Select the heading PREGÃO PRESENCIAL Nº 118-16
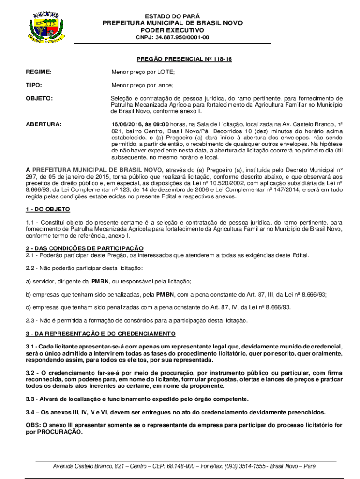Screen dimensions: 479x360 [184, 59]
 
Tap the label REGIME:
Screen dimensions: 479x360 [39, 72]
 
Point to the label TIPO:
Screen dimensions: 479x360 [34, 85]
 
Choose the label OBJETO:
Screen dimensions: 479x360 [39, 99]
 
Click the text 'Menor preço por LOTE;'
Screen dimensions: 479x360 [143, 72]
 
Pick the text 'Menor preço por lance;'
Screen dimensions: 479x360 [142, 85]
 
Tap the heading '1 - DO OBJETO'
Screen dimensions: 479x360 [48, 209]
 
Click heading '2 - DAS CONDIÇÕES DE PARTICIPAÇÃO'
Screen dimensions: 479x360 [85, 248]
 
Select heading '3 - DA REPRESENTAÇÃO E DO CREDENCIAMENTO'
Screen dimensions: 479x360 [101, 334]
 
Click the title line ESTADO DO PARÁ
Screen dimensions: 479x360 [173, 16]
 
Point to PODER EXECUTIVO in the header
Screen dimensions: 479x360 [173, 30]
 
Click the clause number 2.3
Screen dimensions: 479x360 [30, 320]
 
